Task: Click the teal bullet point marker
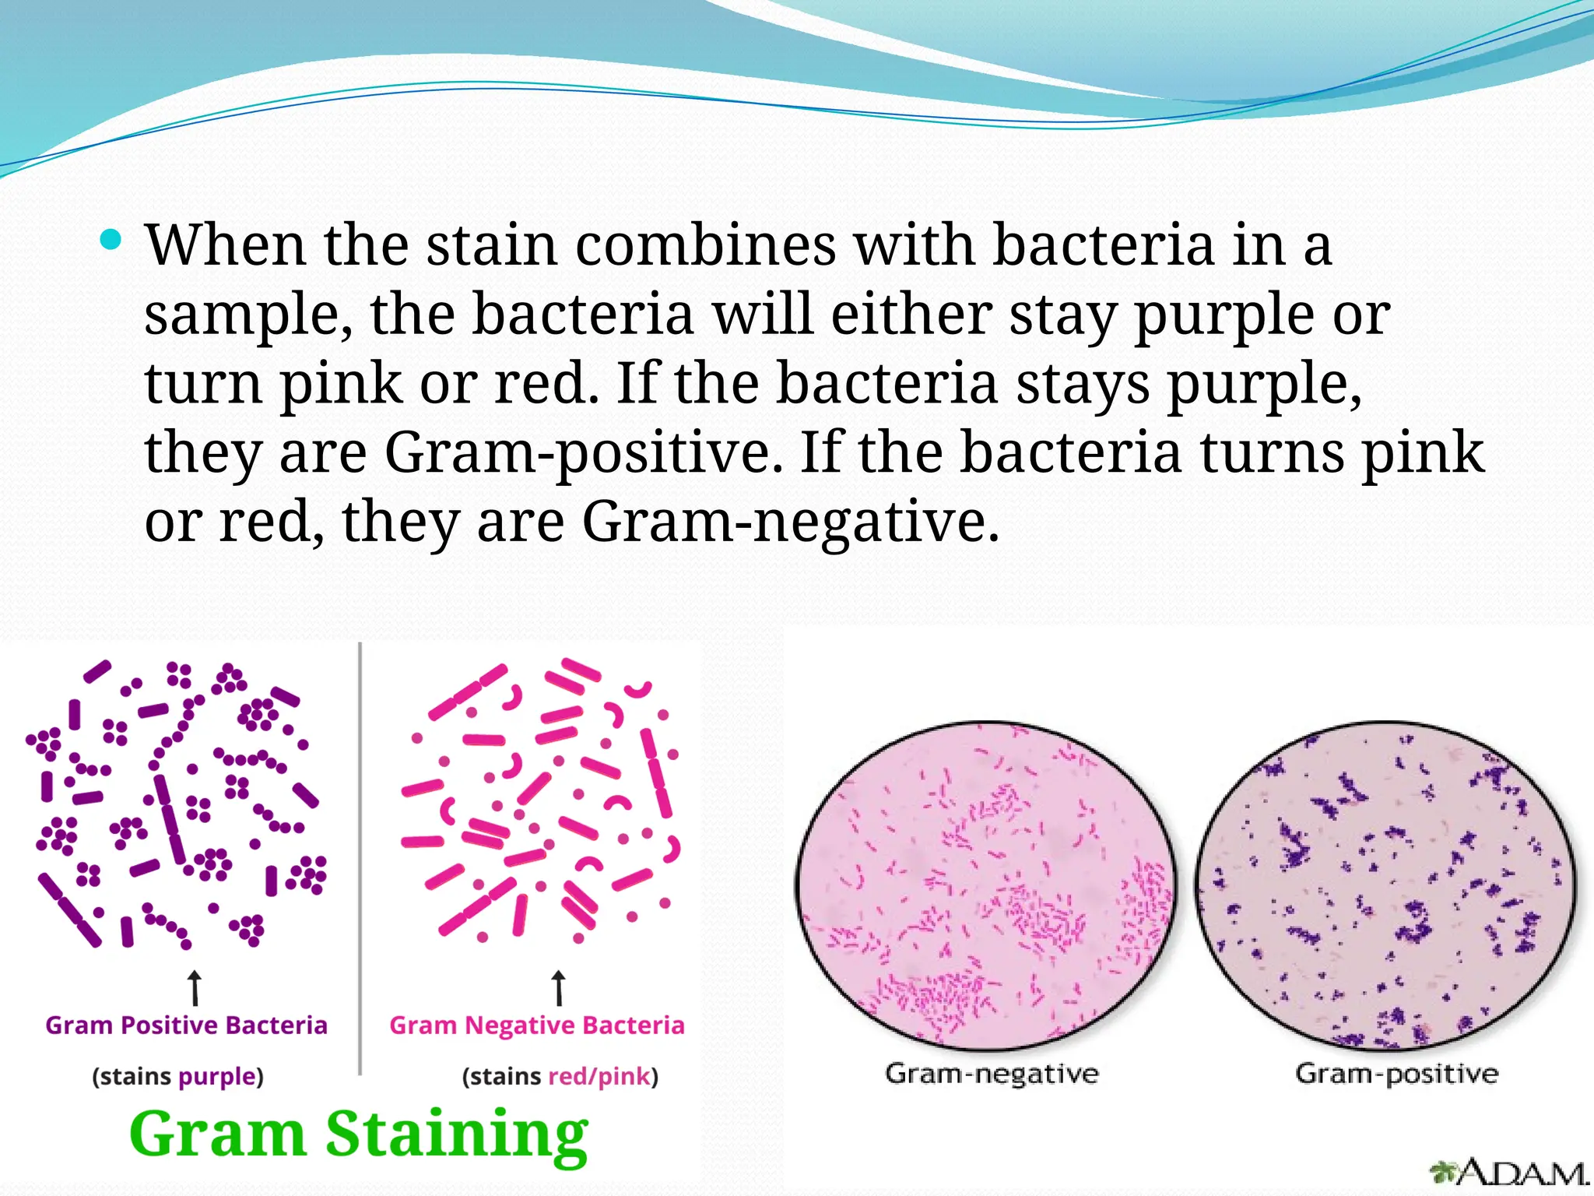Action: coord(112,240)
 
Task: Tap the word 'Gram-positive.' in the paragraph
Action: coord(584,453)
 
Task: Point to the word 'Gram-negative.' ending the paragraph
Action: coord(790,522)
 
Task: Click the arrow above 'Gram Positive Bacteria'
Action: coord(195,987)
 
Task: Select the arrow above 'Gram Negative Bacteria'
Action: coord(558,987)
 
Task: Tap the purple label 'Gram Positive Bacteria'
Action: coord(186,1025)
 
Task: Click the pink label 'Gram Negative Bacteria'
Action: coord(537,1025)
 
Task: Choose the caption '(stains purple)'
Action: coord(178,1076)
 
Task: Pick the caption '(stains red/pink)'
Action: coord(560,1076)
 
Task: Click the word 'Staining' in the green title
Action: coord(456,1135)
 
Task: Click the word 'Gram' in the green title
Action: coord(217,1134)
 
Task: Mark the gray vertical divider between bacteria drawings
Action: coord(360,857)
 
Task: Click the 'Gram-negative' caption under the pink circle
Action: coord(992,1074)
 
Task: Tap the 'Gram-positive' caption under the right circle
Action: coord(1396,1074)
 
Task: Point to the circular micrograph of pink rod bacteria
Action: coord(985,886)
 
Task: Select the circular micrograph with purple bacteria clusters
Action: coord(1385,886)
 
